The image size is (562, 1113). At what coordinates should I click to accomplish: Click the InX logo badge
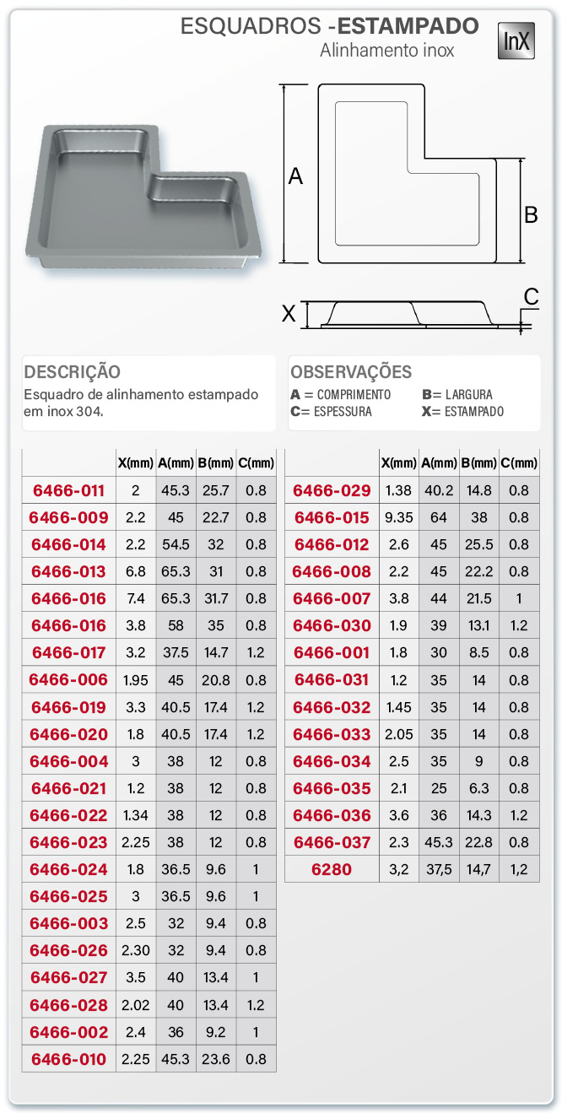coord(516,41)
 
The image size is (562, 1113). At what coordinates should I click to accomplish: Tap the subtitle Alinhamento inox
coord(386,51)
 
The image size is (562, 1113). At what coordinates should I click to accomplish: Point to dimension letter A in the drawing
coord(295,176)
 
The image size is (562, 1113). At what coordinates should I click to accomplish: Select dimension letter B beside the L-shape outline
coord(531,214)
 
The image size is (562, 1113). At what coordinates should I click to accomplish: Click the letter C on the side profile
coord(531,296)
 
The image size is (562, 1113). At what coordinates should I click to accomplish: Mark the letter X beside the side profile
coord(289,314)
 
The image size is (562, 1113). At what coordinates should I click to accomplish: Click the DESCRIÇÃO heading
coord(73,372)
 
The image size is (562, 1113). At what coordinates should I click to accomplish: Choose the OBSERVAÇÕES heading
coord(351,372)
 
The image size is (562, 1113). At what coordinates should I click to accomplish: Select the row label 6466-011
coord(68,490)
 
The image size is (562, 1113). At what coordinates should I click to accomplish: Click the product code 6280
coord(332,869)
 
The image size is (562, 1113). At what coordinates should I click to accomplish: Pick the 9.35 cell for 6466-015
coord(398,517)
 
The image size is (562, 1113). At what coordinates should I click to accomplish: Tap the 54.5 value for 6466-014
coord(176,544)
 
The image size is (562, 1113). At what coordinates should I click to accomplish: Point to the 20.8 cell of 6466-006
coord(216,679)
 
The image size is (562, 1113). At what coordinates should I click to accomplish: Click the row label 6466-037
coord(332,842)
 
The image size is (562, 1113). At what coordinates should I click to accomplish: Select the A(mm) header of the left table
coord(176,462)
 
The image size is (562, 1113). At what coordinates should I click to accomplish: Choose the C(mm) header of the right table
coord(519,462)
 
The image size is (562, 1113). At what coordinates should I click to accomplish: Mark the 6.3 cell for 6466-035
coord(478,788)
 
